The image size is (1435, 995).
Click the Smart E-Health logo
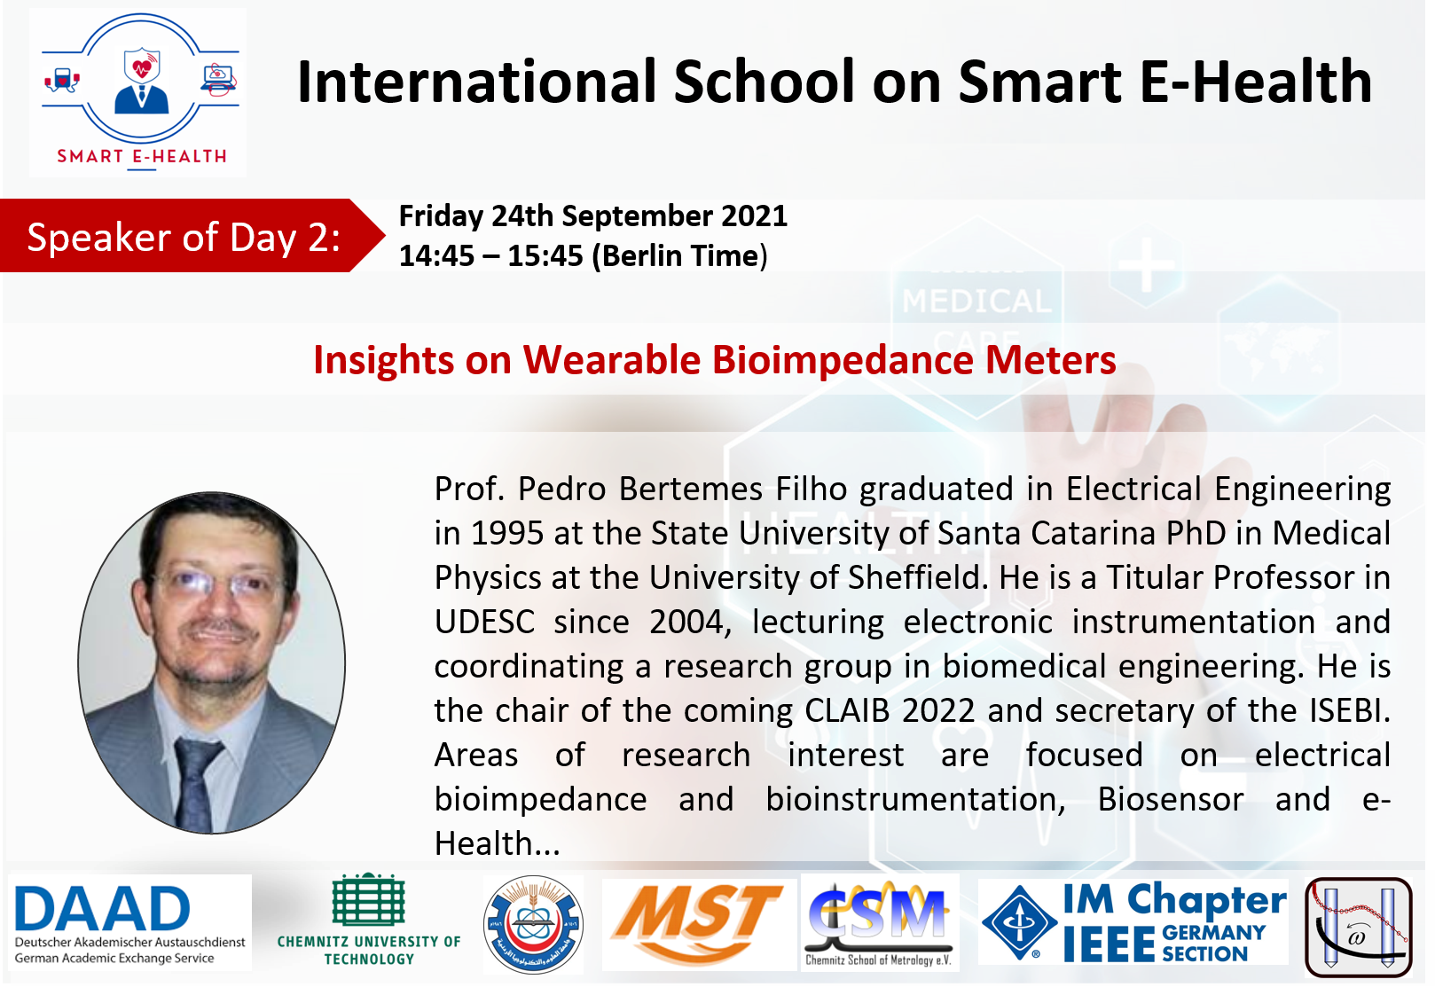[140, 92]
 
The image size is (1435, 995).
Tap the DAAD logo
[130, 923]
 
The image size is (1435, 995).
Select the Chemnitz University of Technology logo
[368, 920]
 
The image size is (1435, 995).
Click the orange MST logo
[698, 922]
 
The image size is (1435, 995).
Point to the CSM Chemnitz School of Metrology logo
[878, 923]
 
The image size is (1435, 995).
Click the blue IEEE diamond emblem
[1020, 922]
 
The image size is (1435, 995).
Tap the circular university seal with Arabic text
[533, 925]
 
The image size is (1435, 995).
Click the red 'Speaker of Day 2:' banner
[192, 236]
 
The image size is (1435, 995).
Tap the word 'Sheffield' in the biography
[914, 578]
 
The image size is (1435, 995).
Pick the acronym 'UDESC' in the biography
[484, 623]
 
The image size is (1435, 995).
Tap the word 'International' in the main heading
[476, 82]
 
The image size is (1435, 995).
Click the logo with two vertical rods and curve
[1358, 927]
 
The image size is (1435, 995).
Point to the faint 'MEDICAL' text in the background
[976, 302]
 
